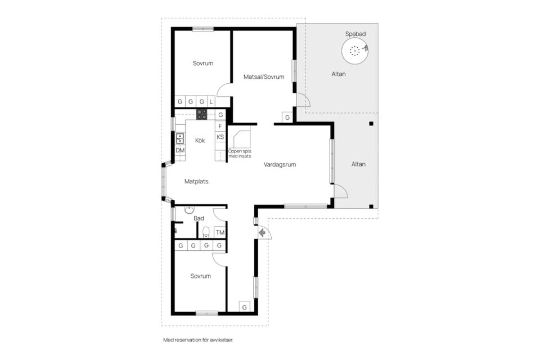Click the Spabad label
tap(355, 34)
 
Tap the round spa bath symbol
tap(355, 51)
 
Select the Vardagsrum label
tap(280, 165)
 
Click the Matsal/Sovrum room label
tap(264, 77)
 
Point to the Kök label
tap(200, 140)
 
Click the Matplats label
tap(196, 181)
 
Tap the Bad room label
tap(199, 218)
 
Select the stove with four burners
tap(202, 114)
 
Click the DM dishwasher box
tap(180, 150)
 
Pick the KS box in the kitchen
tap(220, 137)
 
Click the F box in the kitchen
tap(220, 126)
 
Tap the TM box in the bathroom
tap(220, 232)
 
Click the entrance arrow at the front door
tap(262, 233)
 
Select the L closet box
tap(211, 102)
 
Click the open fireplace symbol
tap(242, 139)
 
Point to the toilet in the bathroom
tap(206, 232)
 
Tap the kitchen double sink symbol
tap(180, 138)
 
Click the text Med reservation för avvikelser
tap(199, 340)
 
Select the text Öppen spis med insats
tap(240, 154)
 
